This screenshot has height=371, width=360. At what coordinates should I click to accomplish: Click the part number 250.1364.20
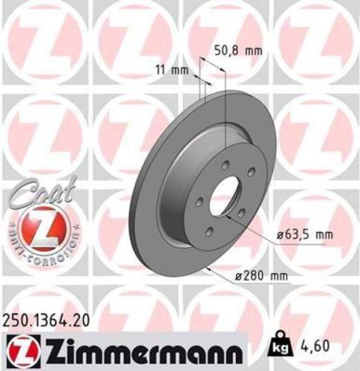coord(50,320)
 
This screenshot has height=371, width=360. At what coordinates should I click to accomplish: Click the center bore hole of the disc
coord(225,196)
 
